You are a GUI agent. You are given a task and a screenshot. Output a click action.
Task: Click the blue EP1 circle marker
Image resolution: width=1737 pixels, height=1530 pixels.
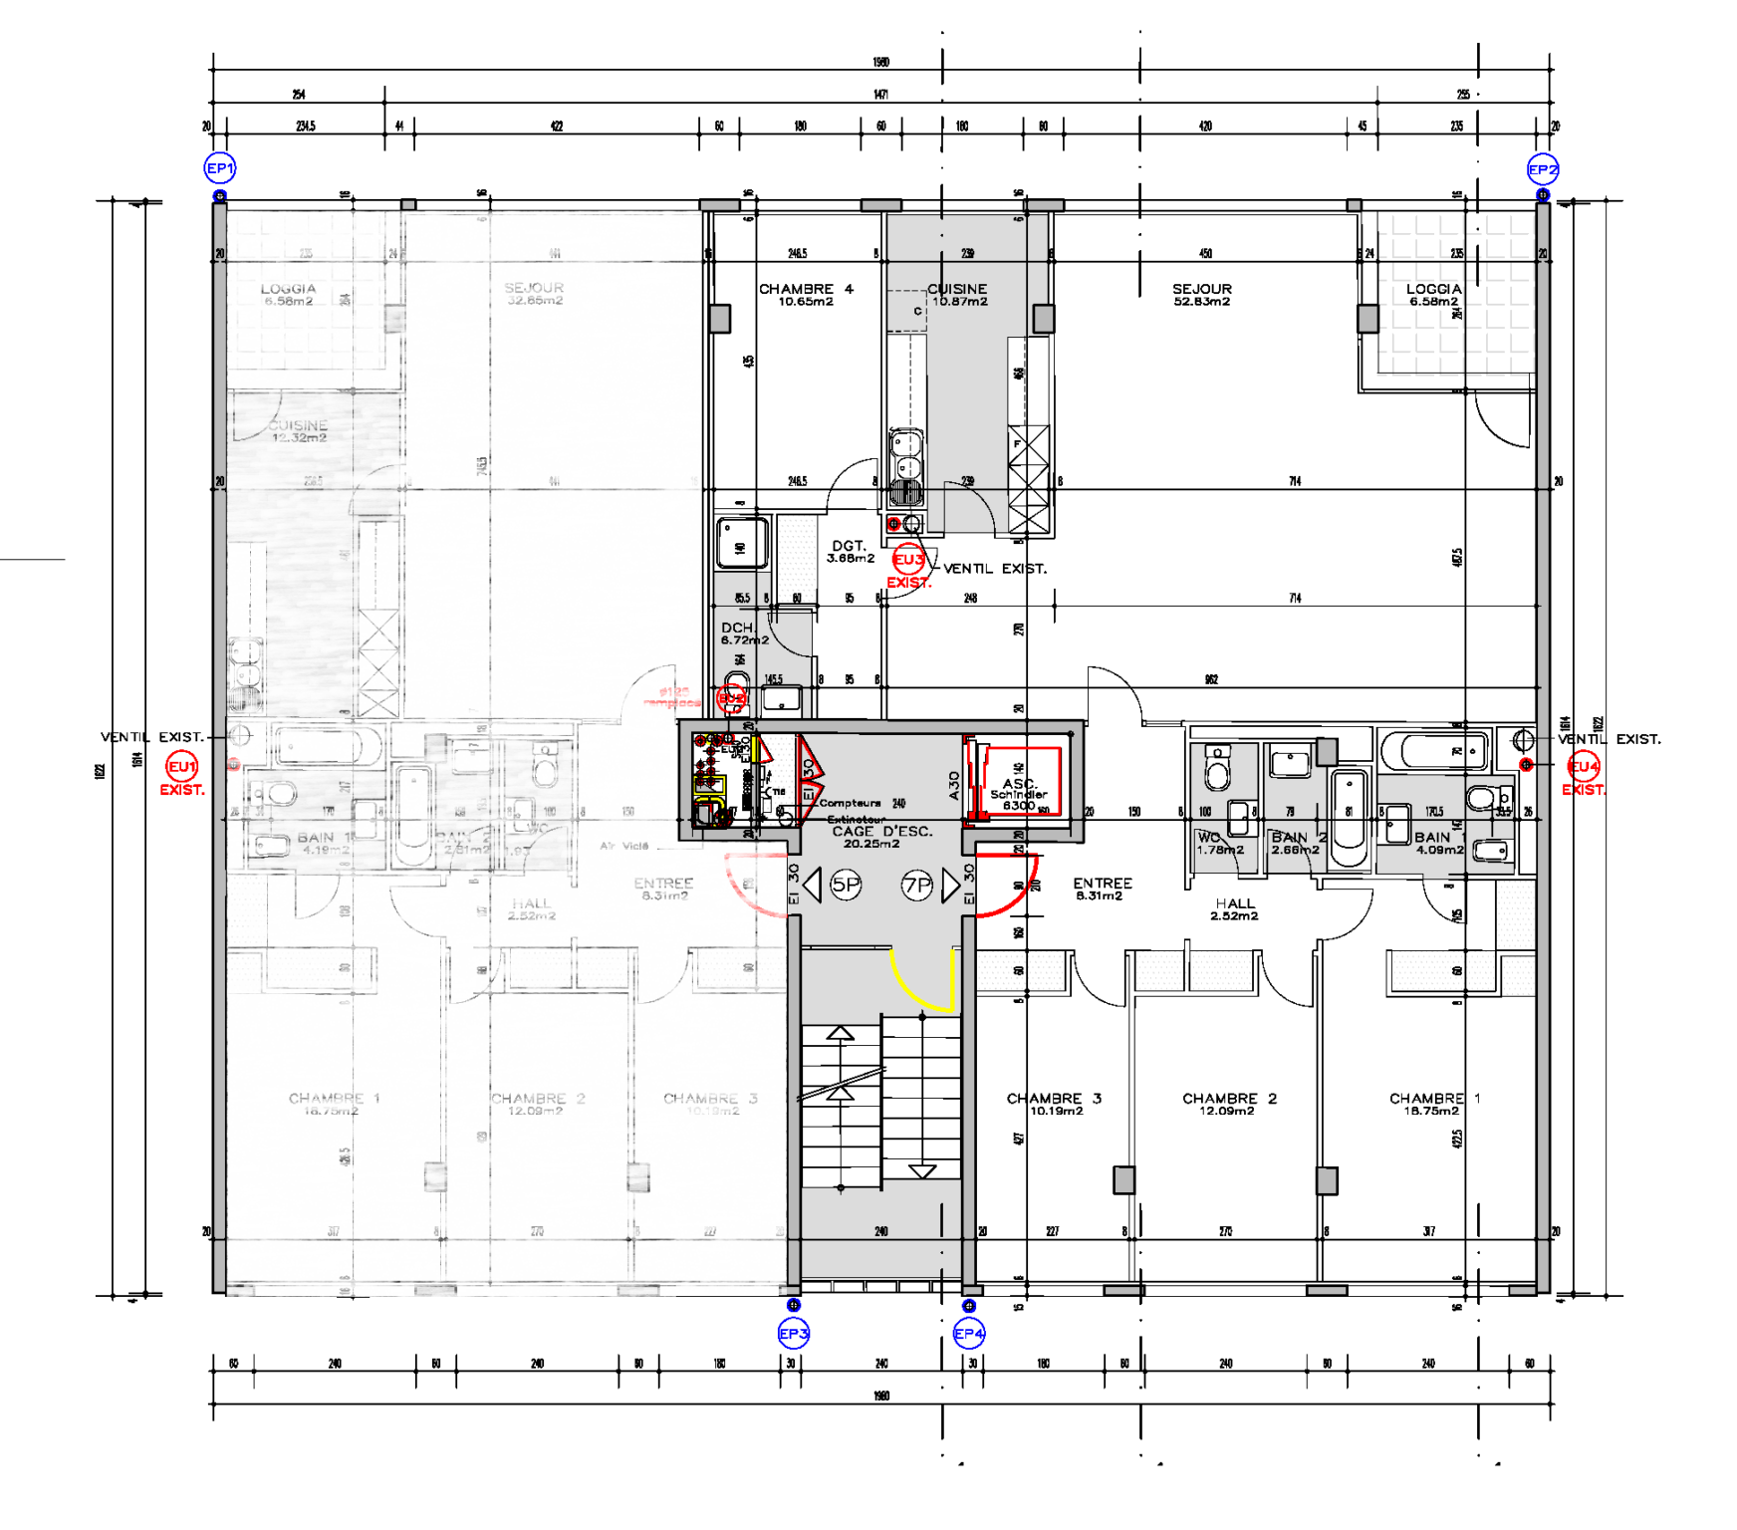(x=220, y=168)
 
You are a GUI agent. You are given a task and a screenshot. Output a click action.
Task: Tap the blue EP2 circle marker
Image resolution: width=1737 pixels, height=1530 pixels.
(x=1542, y=169)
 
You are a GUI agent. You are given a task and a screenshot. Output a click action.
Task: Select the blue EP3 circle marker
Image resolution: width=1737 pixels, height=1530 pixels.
(x=794, y=1333)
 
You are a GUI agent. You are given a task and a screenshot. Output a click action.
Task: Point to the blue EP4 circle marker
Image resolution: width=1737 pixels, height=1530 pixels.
(x=969, y=1333)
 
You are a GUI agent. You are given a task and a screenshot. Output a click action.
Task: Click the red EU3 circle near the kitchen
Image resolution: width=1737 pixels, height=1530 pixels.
(x=908, y=560)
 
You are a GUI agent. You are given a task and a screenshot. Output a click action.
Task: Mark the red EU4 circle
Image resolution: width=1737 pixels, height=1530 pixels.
(x=1584, y=767)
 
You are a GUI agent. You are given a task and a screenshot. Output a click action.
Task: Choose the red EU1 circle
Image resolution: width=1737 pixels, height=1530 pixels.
(x=182, y=767)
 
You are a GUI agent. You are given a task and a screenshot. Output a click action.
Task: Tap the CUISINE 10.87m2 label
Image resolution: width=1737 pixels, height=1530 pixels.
(x=958, y=295)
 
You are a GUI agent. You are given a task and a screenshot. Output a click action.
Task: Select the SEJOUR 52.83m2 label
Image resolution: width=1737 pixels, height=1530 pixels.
(x=1202, y=295)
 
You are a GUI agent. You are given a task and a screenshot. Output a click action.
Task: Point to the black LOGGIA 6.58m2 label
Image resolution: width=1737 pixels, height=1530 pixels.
(x=1433, y=295)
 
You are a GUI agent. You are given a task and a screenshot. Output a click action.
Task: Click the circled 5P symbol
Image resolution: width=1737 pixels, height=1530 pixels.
(x=846, y=885)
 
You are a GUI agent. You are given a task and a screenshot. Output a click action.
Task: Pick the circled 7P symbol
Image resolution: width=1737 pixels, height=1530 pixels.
(x=916, y=885)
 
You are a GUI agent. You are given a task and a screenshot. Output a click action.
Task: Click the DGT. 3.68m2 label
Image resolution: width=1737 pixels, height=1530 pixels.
(x=850, y=552)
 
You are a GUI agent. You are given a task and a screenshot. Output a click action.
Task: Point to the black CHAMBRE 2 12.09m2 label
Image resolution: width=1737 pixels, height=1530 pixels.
(x=1229, y=1104)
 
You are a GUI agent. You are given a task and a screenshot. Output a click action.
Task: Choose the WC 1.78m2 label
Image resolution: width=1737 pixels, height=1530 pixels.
(x=1219, y=844)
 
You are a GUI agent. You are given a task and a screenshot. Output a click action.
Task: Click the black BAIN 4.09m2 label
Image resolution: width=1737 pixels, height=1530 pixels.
(x=1438, y=844)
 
